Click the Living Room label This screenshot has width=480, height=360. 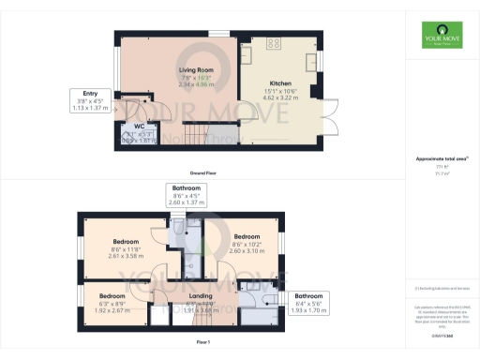(199, 68)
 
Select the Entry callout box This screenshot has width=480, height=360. (92, 99)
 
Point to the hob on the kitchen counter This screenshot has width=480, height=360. (275, 43)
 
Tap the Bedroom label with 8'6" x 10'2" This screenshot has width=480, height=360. (247, 235)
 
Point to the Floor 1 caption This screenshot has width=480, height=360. (202, 343)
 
